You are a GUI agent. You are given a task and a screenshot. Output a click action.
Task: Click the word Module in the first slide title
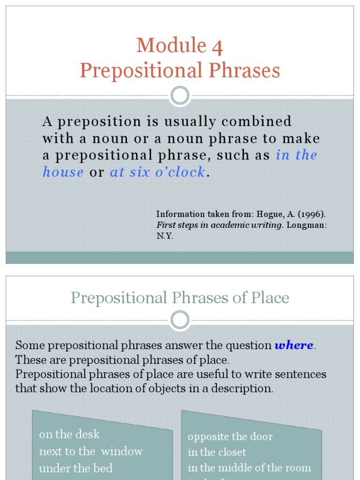click(171, 46)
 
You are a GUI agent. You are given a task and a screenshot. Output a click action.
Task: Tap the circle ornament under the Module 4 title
click(180, 96)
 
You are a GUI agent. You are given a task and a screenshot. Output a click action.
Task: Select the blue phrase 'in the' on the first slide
click(296, 155)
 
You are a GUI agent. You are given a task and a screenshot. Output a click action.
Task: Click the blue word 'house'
click(63, 172)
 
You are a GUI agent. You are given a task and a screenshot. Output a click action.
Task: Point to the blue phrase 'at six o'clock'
click(157, 172)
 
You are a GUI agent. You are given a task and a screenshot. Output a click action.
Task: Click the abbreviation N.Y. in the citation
click(165, 236)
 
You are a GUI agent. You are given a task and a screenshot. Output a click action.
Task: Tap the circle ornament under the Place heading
click(180, 320)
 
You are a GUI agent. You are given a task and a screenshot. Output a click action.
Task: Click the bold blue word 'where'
click(294, 345)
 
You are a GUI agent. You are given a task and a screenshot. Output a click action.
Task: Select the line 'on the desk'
click(69, 435)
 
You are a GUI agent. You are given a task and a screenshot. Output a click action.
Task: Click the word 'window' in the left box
click(122, 451)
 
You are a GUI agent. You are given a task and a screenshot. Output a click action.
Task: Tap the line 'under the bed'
click(76, 468)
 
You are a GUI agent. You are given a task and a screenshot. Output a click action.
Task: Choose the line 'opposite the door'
click(230, 437)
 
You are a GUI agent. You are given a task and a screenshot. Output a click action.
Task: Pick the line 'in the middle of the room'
click(249, 468)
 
